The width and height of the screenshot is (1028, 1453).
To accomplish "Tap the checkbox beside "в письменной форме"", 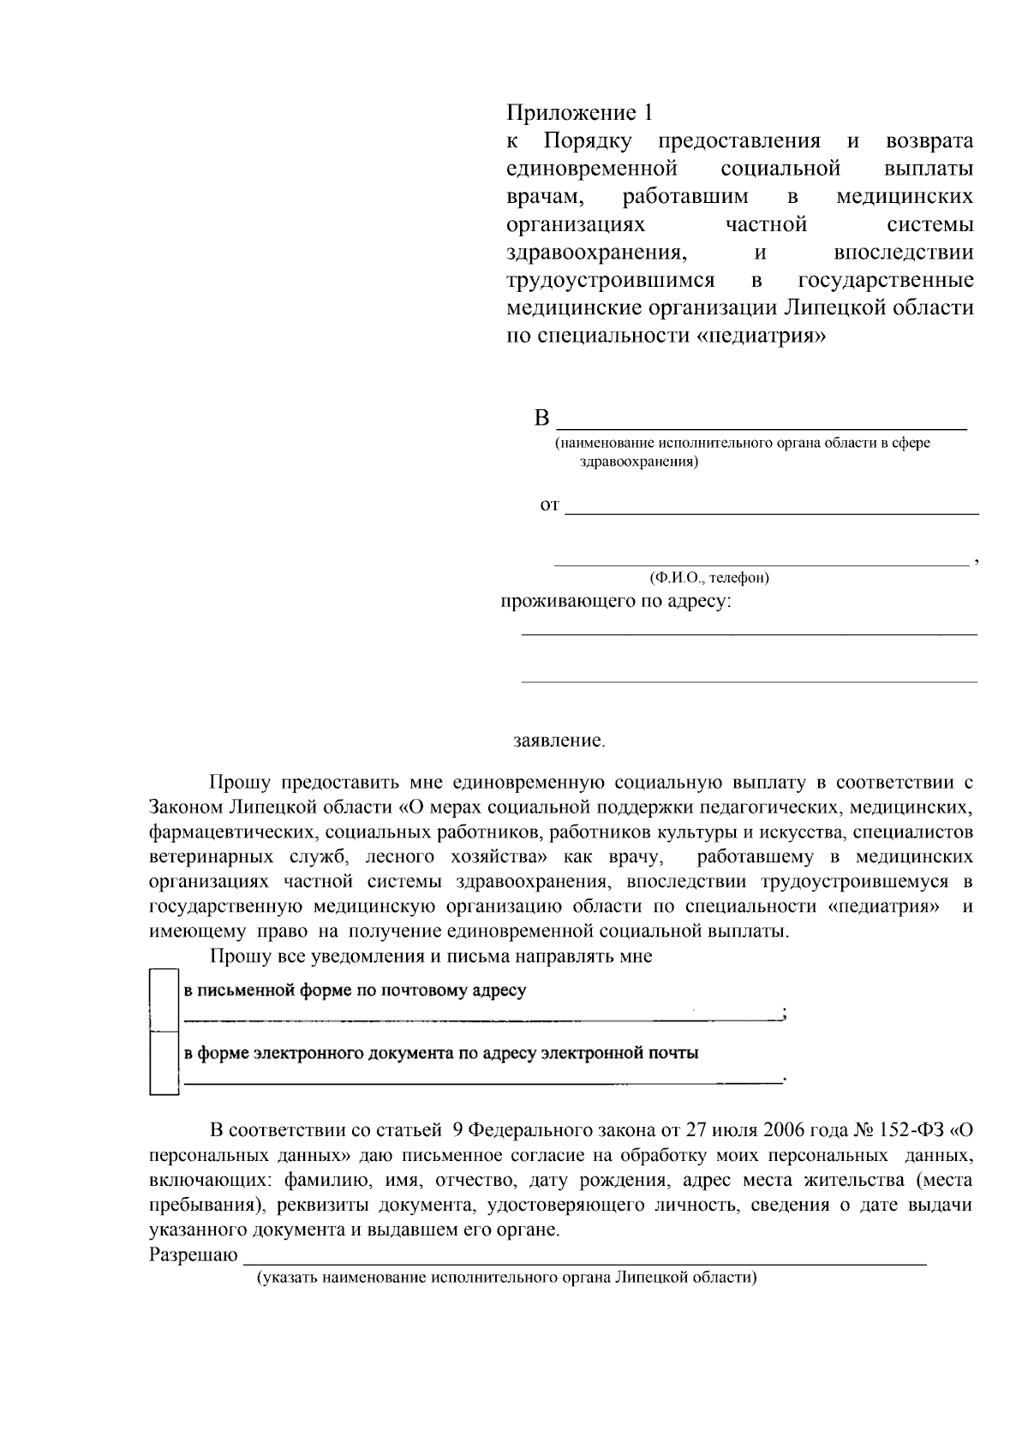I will [162, 998].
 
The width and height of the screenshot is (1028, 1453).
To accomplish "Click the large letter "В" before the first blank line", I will [541, 419].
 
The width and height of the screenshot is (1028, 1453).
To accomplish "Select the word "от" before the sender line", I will [549, 505].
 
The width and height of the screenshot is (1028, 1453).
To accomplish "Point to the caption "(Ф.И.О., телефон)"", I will [709, 577].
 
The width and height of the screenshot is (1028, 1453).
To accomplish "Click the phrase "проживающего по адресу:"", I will [616, 601].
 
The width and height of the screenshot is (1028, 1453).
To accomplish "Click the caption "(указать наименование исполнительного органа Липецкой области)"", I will [507, 1277].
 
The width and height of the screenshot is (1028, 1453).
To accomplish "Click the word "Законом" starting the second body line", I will [186, 807].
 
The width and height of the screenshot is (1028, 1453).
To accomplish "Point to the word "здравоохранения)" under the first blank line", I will [639, 462].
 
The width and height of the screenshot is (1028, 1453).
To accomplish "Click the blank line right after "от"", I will [771, 511].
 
